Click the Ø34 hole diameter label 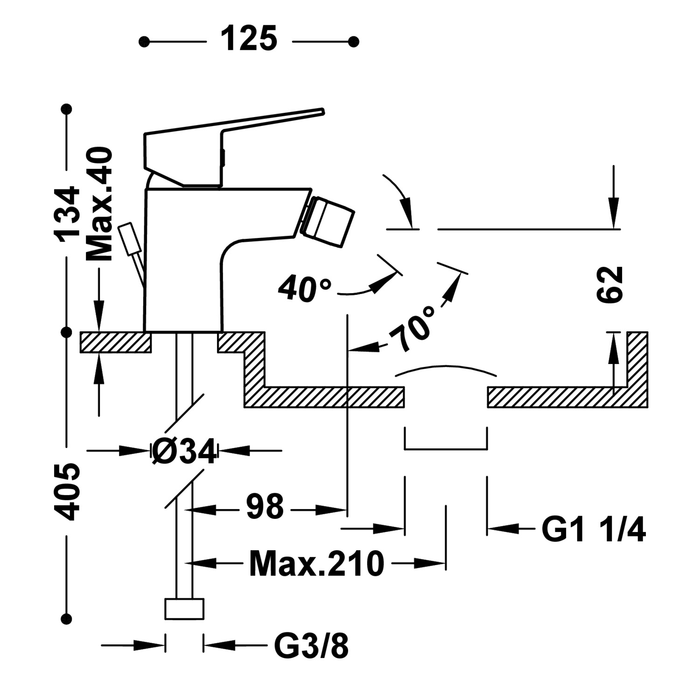pyautogui.click(x=185, y=452)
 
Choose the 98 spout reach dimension pyautogui.click(x=265, y=507)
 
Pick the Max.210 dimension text pyautogui.click(x=316, y=564)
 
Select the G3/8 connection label pyautogui.click(x=311, y=646)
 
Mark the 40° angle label pyautogui.click(x=305, y=289)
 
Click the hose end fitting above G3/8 pyautogui.click(x=184, y=609)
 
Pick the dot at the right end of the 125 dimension pyautogui.click(x=353, y=42)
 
